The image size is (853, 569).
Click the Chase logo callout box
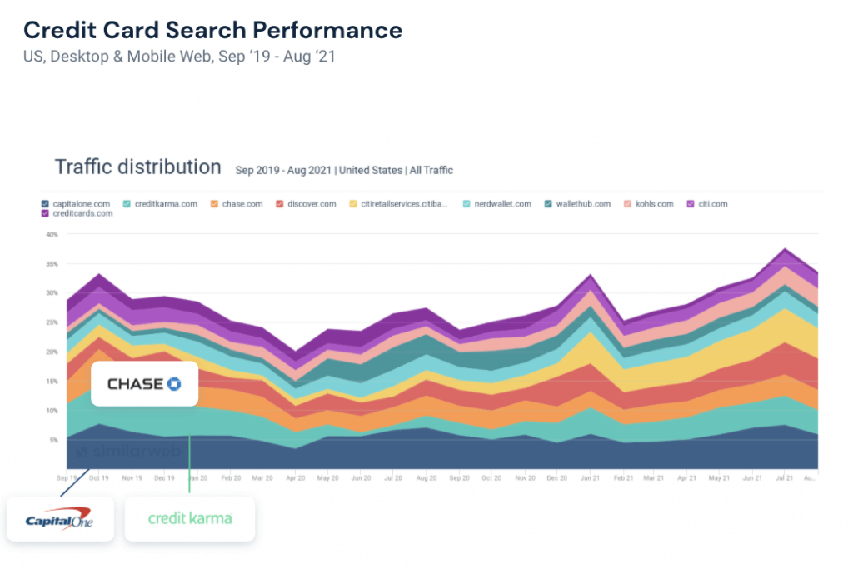point(144,383)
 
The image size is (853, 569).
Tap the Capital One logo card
point(60,519)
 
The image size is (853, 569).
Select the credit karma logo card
point(189,518)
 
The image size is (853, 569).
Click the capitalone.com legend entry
point(76,203)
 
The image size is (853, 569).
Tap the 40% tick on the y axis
point(52,235)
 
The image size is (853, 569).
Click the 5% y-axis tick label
point(53,440)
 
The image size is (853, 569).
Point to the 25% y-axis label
point(52,322)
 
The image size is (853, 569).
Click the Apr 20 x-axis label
point(296,478)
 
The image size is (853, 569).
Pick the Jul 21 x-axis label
point(782,478)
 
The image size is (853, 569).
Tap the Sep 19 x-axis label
point(67,478)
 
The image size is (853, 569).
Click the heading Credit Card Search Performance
point(212,31)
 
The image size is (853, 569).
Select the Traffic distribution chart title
point(137,167)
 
